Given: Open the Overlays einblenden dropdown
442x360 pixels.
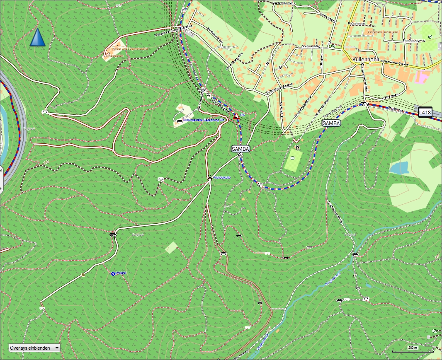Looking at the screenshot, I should click(34, 348).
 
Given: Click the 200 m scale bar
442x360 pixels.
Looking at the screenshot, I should click(413, 348).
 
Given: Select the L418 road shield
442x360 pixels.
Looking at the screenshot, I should click(425, 112).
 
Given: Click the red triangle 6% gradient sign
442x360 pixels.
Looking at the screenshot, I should click(236, 116).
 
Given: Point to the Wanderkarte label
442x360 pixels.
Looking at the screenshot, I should click(222, 177).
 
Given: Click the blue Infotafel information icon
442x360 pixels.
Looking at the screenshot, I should click(113, 273).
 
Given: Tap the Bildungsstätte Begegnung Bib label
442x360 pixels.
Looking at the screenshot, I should click(204, 120).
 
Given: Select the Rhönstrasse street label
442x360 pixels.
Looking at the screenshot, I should click(357, 24).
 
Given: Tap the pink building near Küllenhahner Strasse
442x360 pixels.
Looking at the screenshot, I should click(423, 77).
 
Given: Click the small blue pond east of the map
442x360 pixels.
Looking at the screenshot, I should click(399, 168).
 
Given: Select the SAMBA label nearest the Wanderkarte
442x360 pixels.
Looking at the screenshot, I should click(240, 148).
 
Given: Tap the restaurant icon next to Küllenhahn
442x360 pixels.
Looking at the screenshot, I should click(362, 65).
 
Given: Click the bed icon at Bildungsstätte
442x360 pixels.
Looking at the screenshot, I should click(179, 121).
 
